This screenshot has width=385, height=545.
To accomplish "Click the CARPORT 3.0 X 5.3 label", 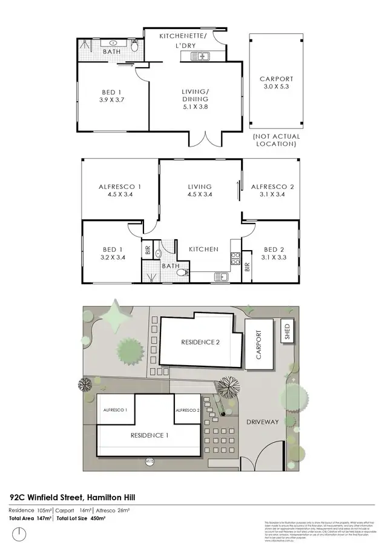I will [x=276, y=83].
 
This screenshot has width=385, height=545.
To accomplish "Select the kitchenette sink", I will [x=200, y=57].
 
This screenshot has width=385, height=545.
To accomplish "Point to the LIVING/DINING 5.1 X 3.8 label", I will [x=195, y=99].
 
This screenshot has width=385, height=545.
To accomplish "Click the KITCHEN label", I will [x=203, y=249].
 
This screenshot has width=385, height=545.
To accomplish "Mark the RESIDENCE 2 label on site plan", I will [x=200, y=342].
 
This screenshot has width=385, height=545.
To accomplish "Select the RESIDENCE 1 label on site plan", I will [x=150, y=435].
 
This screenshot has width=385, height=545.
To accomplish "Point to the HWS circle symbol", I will [x=150, y=461].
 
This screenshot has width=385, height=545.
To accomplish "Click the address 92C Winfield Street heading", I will [x=73, y=497].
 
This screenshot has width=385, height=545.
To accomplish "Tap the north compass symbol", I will [x=20, y=533].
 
